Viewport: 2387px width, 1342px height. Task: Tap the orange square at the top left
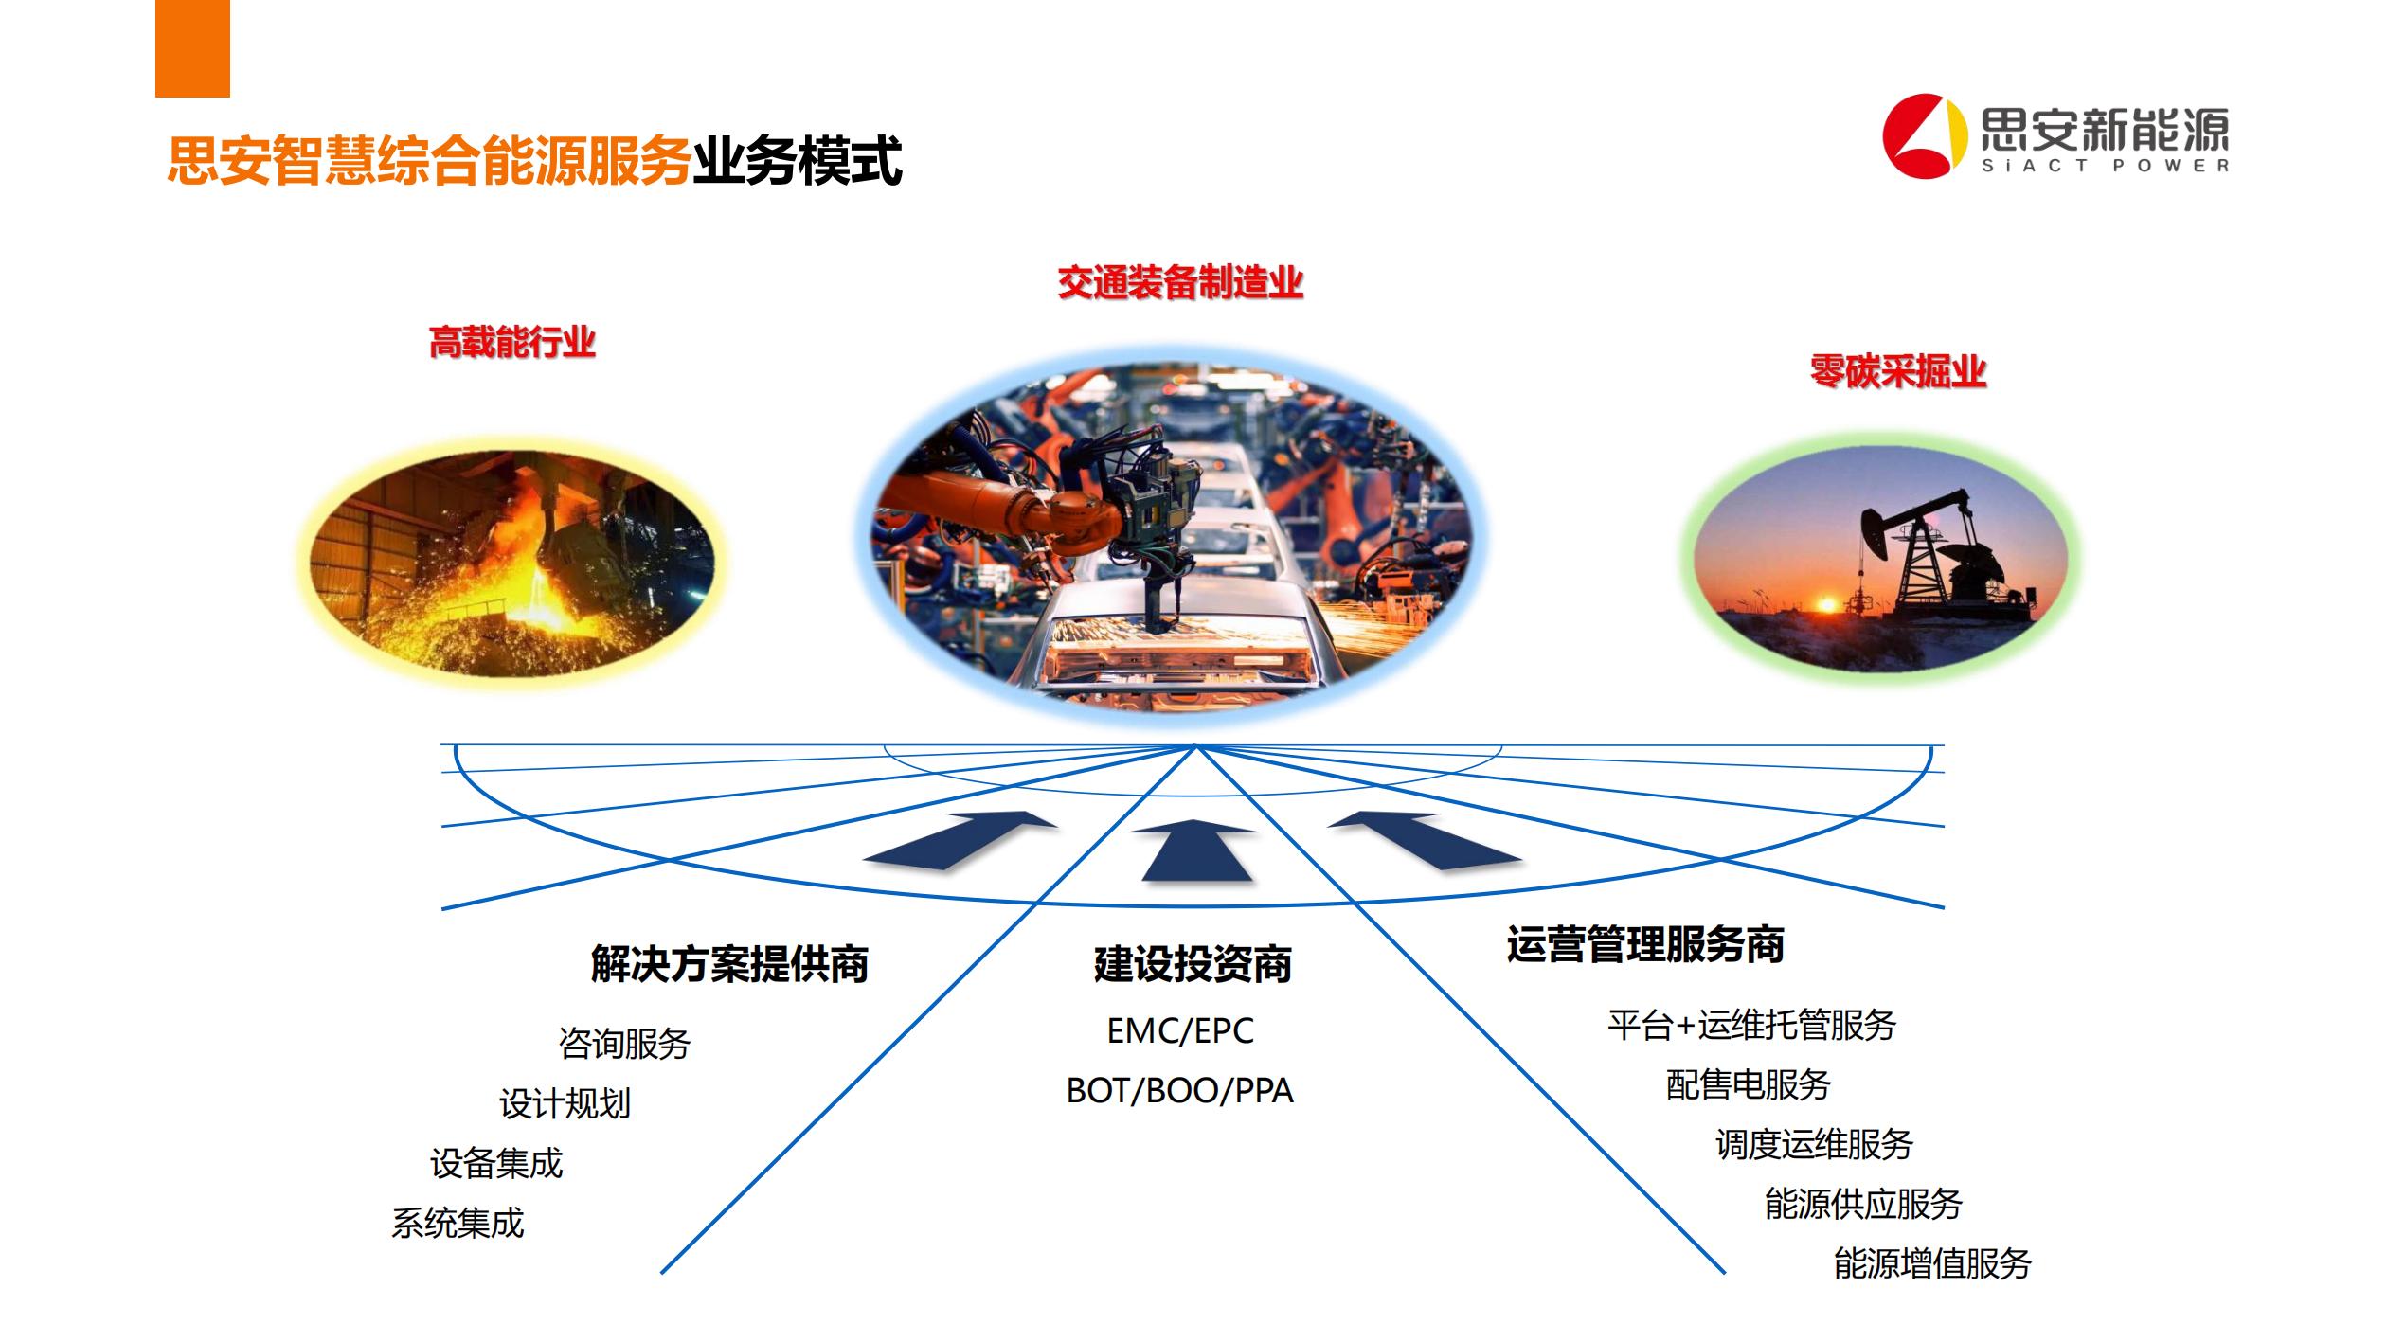(192, 48)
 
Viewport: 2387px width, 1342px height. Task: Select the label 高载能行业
(512, 342)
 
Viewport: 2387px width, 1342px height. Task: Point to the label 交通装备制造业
(1180, 282)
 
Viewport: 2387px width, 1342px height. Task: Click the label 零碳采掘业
(1898, 371)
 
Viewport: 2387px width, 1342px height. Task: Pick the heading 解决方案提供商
(729, 964)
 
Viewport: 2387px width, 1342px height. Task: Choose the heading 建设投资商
(1193, 964)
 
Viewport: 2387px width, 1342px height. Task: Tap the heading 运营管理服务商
(1645, 944)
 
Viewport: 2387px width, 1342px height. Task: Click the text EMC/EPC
(1180, 1030)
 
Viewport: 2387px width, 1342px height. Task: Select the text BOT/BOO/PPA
(1180, 1091)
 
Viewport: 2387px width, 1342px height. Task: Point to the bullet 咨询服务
(624, 1044)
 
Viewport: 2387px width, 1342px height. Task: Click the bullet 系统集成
(458, 1224)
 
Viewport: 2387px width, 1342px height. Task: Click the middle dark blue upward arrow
(1195, 850)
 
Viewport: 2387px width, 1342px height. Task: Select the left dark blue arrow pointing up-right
(960, 840)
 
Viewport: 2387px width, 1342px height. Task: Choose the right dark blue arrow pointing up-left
(1425, 840)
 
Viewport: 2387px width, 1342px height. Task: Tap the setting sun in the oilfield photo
(1825, 601)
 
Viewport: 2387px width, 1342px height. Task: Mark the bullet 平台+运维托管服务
(1751, 1025)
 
